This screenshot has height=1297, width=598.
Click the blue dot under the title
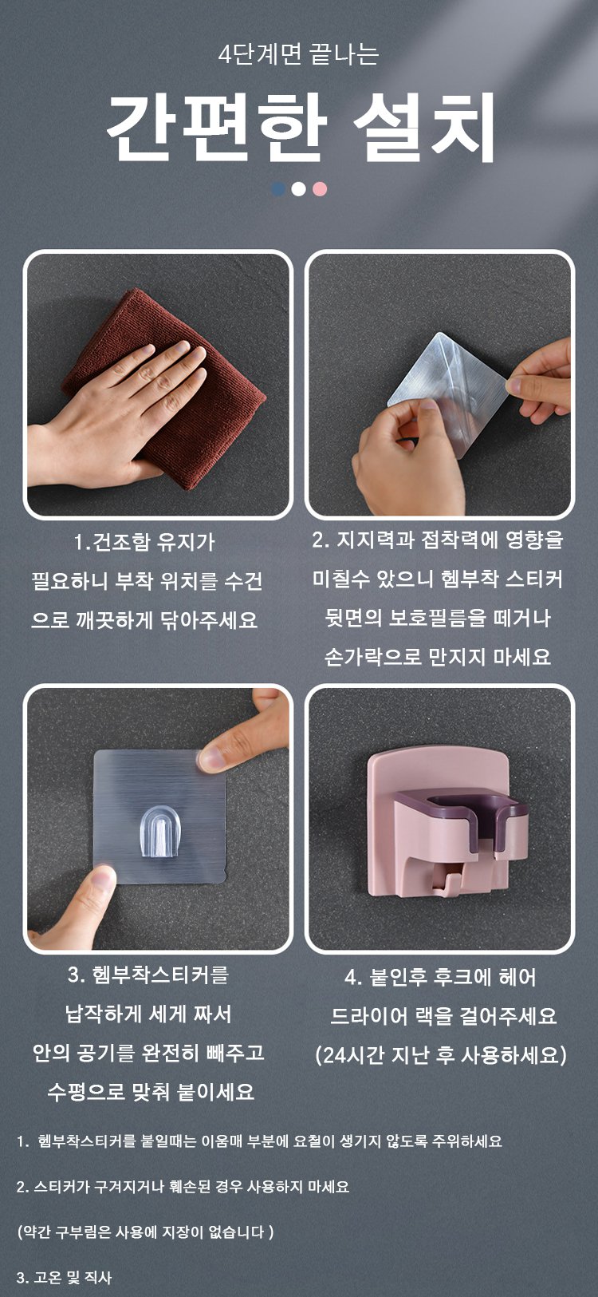pos(278,188)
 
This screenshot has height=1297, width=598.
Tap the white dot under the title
pos(299,188)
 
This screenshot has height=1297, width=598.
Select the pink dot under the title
pos(320,188)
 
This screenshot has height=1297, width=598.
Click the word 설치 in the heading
pos(425,128)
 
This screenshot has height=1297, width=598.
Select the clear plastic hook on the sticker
pos(160,832)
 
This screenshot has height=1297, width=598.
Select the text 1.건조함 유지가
pos(144,543)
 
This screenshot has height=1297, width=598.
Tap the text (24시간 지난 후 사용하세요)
pos(441,1054)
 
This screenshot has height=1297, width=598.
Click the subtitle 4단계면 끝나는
pos(299,55)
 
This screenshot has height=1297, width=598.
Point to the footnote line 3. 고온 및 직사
pos(65,1277)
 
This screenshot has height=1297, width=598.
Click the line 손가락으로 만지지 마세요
pos(438,657)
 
